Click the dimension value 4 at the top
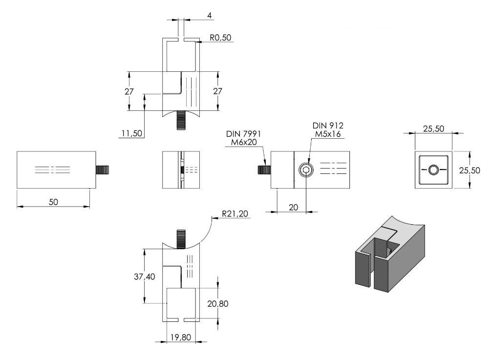(209, 15)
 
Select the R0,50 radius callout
(220, 38)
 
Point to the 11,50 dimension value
(132, 133)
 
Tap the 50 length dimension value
(53, 202)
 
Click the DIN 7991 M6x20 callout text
(243, 138)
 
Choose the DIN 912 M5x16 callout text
(328, 130)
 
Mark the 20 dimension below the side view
(293, 207)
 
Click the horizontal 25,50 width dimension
(434, 128)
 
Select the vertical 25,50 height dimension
(470, 170)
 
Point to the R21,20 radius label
(235, 213)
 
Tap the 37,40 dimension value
(144, 276)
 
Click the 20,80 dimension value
(218, 303)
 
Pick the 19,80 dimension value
(181, 337)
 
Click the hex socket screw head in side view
(306, 170)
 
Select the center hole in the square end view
(434, 170)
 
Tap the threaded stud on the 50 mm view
(102, 170)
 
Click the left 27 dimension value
(129, 91)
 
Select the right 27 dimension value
(217, 91)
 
